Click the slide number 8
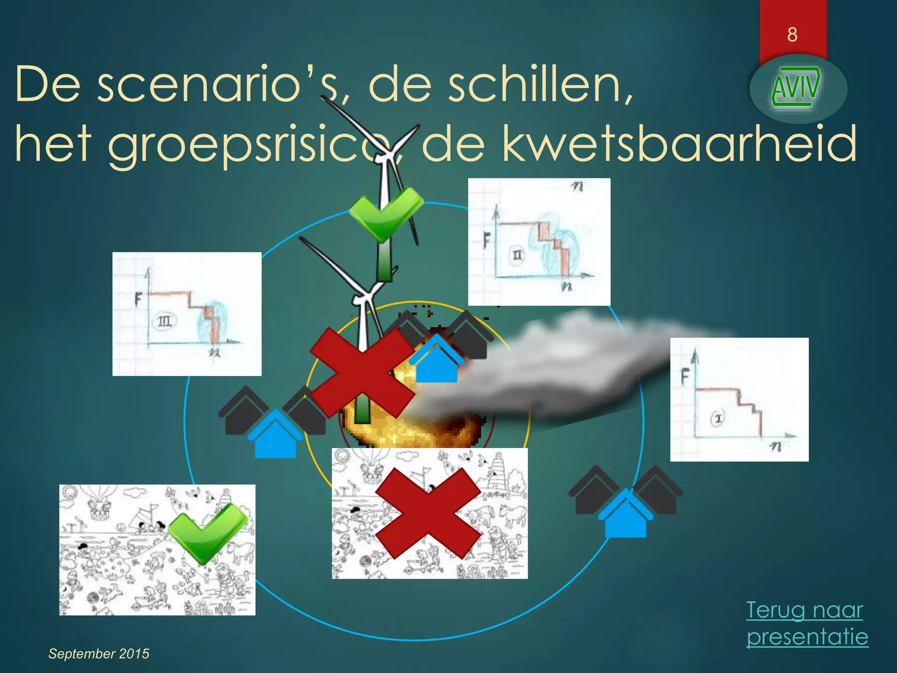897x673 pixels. (792, 35)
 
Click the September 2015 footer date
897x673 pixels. (99, 654)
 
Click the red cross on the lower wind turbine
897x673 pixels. (362, 373)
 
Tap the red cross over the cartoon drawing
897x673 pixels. (429, 513)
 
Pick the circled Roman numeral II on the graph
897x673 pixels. (517, 255)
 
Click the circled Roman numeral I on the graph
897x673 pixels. (717, 418)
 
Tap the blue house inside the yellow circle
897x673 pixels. (436, 359)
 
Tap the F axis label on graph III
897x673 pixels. (138, 300)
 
